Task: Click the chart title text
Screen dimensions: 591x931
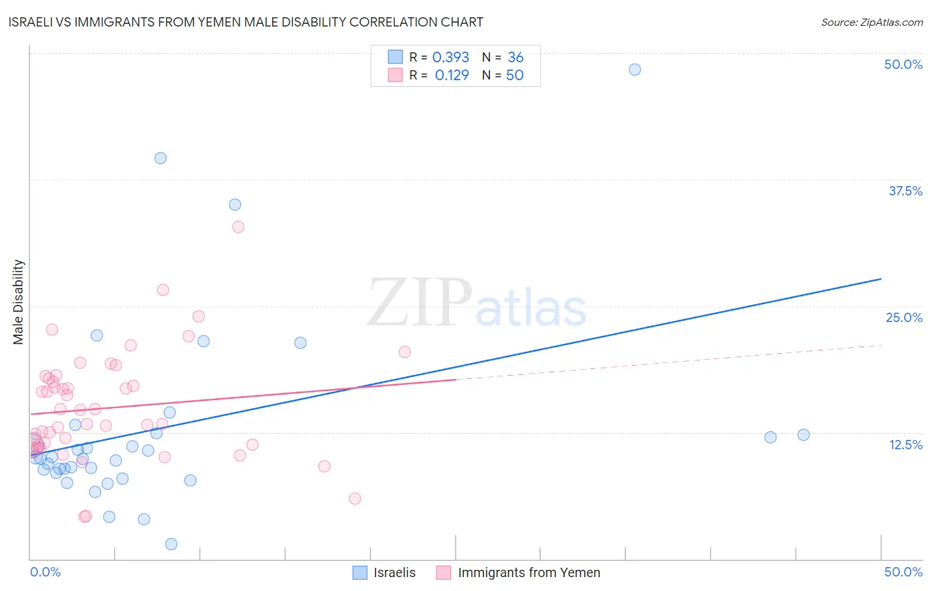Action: click(246, 22)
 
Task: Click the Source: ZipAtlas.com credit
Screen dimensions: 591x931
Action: click(871, 22)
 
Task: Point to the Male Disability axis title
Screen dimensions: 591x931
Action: click(19, 301)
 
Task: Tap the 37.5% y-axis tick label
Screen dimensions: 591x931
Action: click(905, 191)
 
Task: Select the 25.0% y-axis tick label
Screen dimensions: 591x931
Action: click(904, 317)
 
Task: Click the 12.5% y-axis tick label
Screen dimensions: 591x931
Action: click(905, 445)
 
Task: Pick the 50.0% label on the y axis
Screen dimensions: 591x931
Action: click(903, 64)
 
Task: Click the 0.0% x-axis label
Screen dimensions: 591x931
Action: click(45, 572)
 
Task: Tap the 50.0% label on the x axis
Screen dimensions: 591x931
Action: click(903, 572)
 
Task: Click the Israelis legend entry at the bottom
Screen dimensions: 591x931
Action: click(385, 572)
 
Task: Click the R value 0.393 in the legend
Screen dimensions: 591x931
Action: click(450, 58)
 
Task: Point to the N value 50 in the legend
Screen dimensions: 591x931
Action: click(514, 76)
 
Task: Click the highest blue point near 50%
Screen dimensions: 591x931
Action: click(634, 70)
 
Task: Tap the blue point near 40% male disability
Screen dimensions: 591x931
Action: click(160, 158)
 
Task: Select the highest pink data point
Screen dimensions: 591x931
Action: click(238, 227)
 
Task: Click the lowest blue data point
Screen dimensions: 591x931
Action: click(171, 544)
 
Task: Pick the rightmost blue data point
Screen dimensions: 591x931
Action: click(803, 435)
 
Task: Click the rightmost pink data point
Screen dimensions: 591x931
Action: click(405, 352)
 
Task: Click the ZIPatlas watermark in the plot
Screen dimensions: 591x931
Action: click(477, 303)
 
